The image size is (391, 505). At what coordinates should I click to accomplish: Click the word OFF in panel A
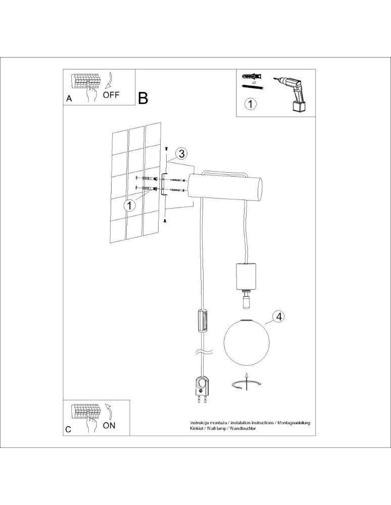coord(111,95)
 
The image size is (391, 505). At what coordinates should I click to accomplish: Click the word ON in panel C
coord(109,425)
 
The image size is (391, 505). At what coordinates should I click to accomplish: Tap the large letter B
coord(143,98)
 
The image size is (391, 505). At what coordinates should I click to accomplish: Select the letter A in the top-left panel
coord(70,99)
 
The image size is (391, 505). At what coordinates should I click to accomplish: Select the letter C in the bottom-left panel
coord(68,429)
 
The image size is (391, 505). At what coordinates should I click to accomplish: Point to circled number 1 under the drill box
coord(250,105)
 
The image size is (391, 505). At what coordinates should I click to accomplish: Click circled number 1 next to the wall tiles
coord(130,205)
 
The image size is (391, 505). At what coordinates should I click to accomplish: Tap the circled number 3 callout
coord(181,154)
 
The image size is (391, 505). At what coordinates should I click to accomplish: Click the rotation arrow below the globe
coord(246,384)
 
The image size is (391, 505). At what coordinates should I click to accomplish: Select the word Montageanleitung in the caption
coord(296,422)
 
